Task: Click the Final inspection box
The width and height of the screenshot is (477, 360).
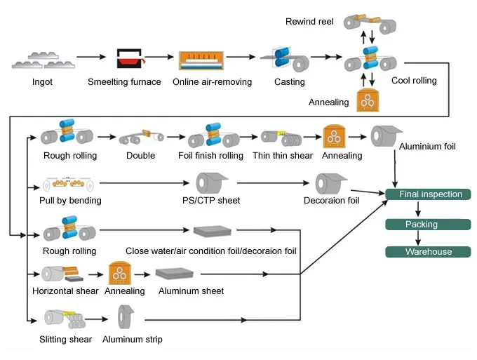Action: click(x=431, y=194)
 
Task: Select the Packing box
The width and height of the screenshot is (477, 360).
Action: click(x=422, y=225)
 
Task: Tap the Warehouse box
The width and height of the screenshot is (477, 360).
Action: click(x=428, y=252)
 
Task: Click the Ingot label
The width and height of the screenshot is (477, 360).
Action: click(x=41, y=82)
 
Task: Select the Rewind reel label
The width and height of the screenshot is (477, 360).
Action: click(x=309, y=22)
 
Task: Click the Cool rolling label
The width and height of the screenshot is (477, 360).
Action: click(x=414, y=81)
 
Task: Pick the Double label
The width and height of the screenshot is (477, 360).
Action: click(x=141, y=156)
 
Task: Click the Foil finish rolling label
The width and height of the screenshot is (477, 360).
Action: click(x=211, y=156)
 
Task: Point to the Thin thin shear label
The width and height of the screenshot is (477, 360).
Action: click(x=281, y=156)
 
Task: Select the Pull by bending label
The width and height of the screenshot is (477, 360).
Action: click(x=70, y=201)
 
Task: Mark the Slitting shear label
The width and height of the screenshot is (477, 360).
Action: click(x=65, y=340)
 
